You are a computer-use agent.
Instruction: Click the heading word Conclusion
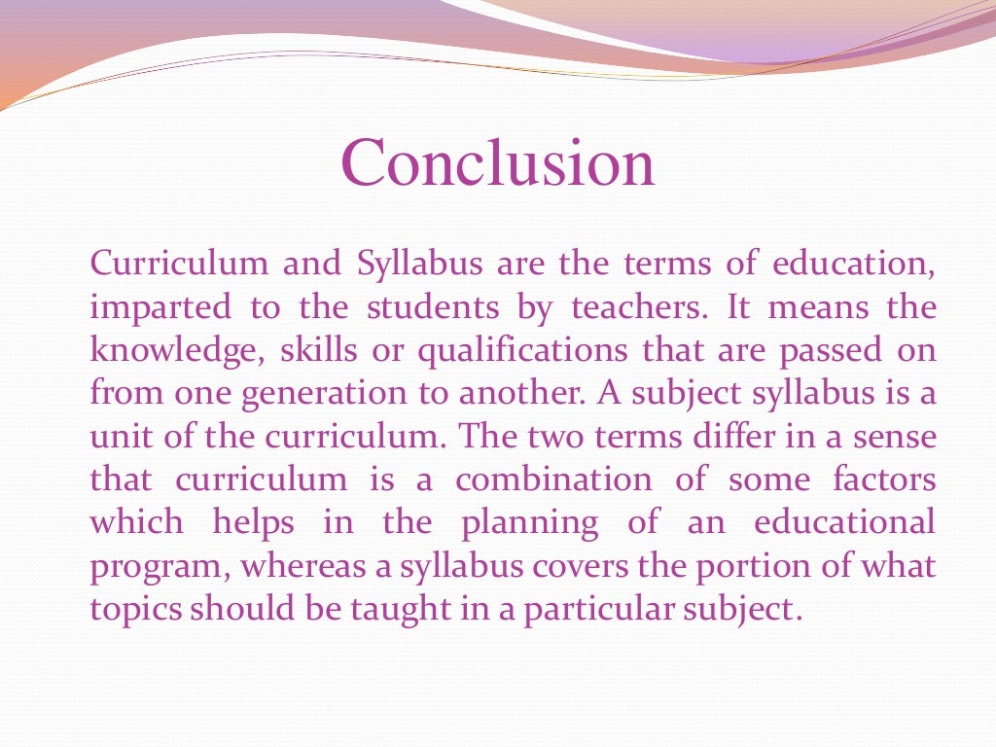point(497,162)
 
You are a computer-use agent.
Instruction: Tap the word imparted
point(160,308)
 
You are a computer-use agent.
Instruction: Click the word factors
point(884,480)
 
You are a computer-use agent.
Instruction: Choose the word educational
point(844,522)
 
